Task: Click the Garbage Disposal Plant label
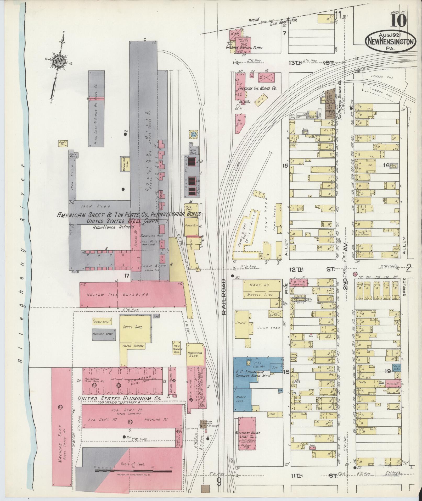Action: click(245, 48)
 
